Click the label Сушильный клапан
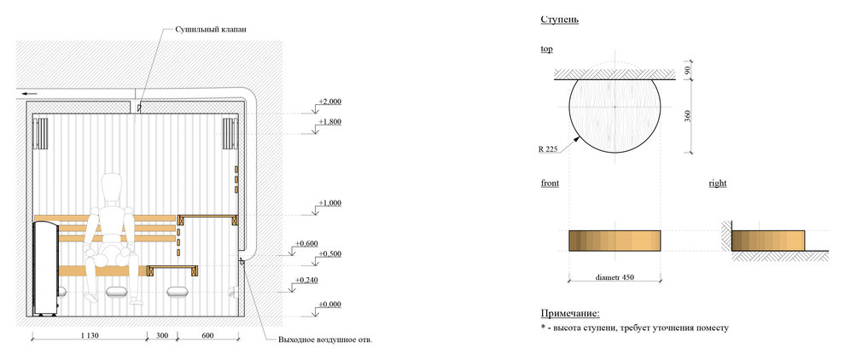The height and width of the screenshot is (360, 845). pyautogui.click(x=212, y=30)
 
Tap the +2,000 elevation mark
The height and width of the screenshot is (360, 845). pyautogui.click(x=329, y=102)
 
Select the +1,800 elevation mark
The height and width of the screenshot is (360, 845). pyautogui.click(x=329, y=122)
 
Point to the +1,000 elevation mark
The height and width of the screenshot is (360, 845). pyautogui.click(x=329, y=203)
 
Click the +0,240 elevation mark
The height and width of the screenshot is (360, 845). pyautogui.click(x=306, y=281)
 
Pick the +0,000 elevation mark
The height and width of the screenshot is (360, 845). pyautogui.click(x=329, y=305)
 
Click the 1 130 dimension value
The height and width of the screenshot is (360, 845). pyautogui.click(x=90, y=336)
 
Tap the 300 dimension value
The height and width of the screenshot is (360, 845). pyautogui.click(x=161, y=336)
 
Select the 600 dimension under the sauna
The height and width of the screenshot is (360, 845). pyautogui.click(x=207, y=336)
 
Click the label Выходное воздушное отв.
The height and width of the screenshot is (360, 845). pyautogui.click(x=325, y=340)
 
